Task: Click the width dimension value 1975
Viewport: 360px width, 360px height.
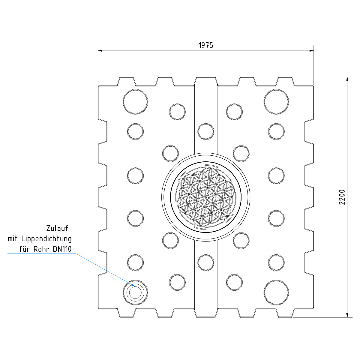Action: pos(206,45)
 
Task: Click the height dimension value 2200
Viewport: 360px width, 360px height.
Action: pos(342,197)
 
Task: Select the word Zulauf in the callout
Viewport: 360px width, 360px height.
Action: pos(57,228)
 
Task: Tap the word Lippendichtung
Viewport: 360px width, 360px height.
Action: pos(46,239)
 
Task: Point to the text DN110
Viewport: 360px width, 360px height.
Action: pos(62,249)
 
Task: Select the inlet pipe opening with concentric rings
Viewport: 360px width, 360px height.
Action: pos(135,292)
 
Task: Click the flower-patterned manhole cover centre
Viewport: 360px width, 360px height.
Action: pos(206,197)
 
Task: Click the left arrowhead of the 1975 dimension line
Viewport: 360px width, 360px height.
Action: pos(100,51)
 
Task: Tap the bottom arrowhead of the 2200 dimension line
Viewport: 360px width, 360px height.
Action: pos(347,315)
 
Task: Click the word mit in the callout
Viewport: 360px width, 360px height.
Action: pos(13,239)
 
